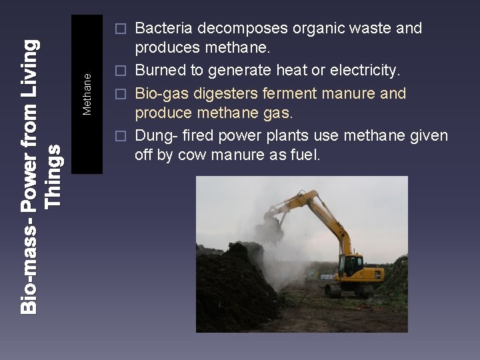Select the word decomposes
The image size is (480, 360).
223,29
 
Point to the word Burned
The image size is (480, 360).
159,71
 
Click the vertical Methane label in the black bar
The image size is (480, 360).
87,94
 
